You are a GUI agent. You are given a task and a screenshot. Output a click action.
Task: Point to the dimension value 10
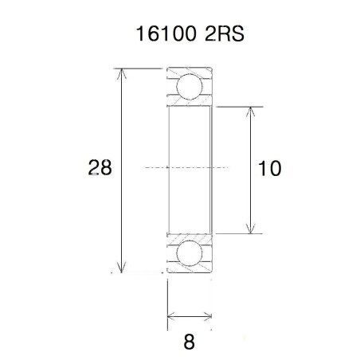pyautogui.click(x=271, y=168)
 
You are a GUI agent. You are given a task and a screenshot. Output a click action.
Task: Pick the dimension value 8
pyautogui.click(x=189, y=342)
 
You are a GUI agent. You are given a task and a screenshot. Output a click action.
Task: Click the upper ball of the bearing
pyautogui.click(x=189, y=85)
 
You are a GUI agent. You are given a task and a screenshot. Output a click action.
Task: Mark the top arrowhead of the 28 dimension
pyautogui.click(x=122, y=74)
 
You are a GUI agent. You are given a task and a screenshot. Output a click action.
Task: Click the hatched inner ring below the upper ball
pyautogui.click(x=189, y=102)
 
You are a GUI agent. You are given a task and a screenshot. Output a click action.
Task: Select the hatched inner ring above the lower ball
pyautogui.click(x=189, y=237)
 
